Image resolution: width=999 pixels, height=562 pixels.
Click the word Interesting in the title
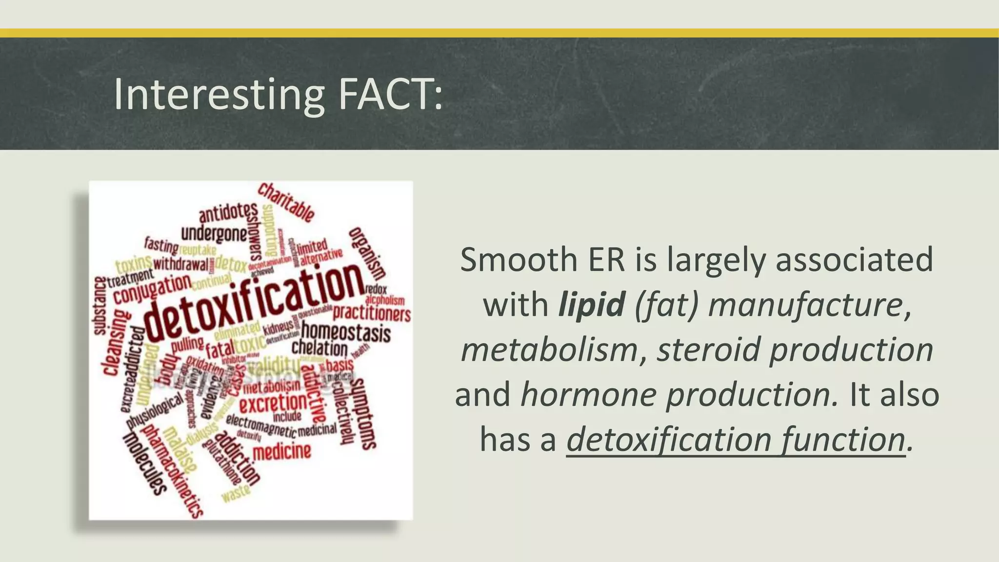tap(219, 95)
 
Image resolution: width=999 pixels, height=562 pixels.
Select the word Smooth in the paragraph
tap(519, 260)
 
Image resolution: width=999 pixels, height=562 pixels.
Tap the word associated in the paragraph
tap(854, 260)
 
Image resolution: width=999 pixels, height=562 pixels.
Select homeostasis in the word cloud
tap(346, 332)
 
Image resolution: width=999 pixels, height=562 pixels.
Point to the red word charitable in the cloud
tap(286, 201)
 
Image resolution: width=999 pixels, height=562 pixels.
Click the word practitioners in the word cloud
tap(372, 313)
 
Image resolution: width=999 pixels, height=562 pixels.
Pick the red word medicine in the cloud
tap(282, 452)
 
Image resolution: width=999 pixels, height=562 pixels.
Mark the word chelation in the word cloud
tap(320, 348)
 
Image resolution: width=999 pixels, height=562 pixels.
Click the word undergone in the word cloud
tap(214, 234)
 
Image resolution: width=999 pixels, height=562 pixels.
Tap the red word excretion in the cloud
tap(273, 404)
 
